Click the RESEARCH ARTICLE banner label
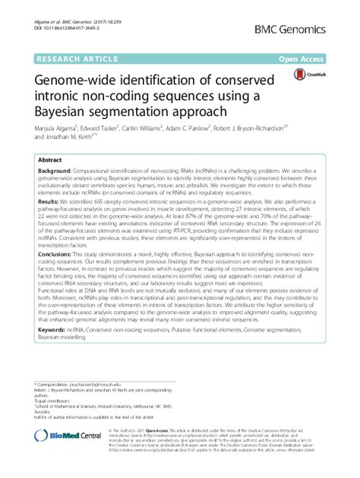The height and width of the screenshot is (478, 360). pos(74,56)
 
